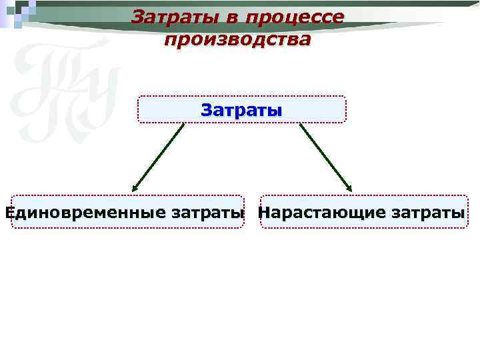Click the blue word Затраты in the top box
tap(241, 109)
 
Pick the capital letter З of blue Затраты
tap(207, 109)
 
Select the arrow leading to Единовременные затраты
tap(159, 157)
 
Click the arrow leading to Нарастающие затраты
tap(325, 157)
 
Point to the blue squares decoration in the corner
tap(19, 12)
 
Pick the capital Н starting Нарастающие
tap(264, 213)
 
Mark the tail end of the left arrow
tap(183, 125)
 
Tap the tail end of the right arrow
tap(301, 125)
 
